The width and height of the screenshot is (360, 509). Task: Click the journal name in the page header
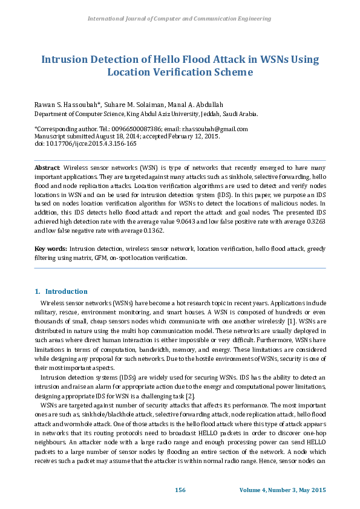click(x=180, y=19)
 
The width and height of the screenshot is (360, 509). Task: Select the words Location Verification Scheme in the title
click(x=180, y=72)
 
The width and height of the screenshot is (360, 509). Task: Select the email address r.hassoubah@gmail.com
click(x=217, y=129)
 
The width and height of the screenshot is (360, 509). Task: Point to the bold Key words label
click(x=50, y=248)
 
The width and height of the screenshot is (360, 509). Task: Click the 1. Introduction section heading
click(x=61, y=291)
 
